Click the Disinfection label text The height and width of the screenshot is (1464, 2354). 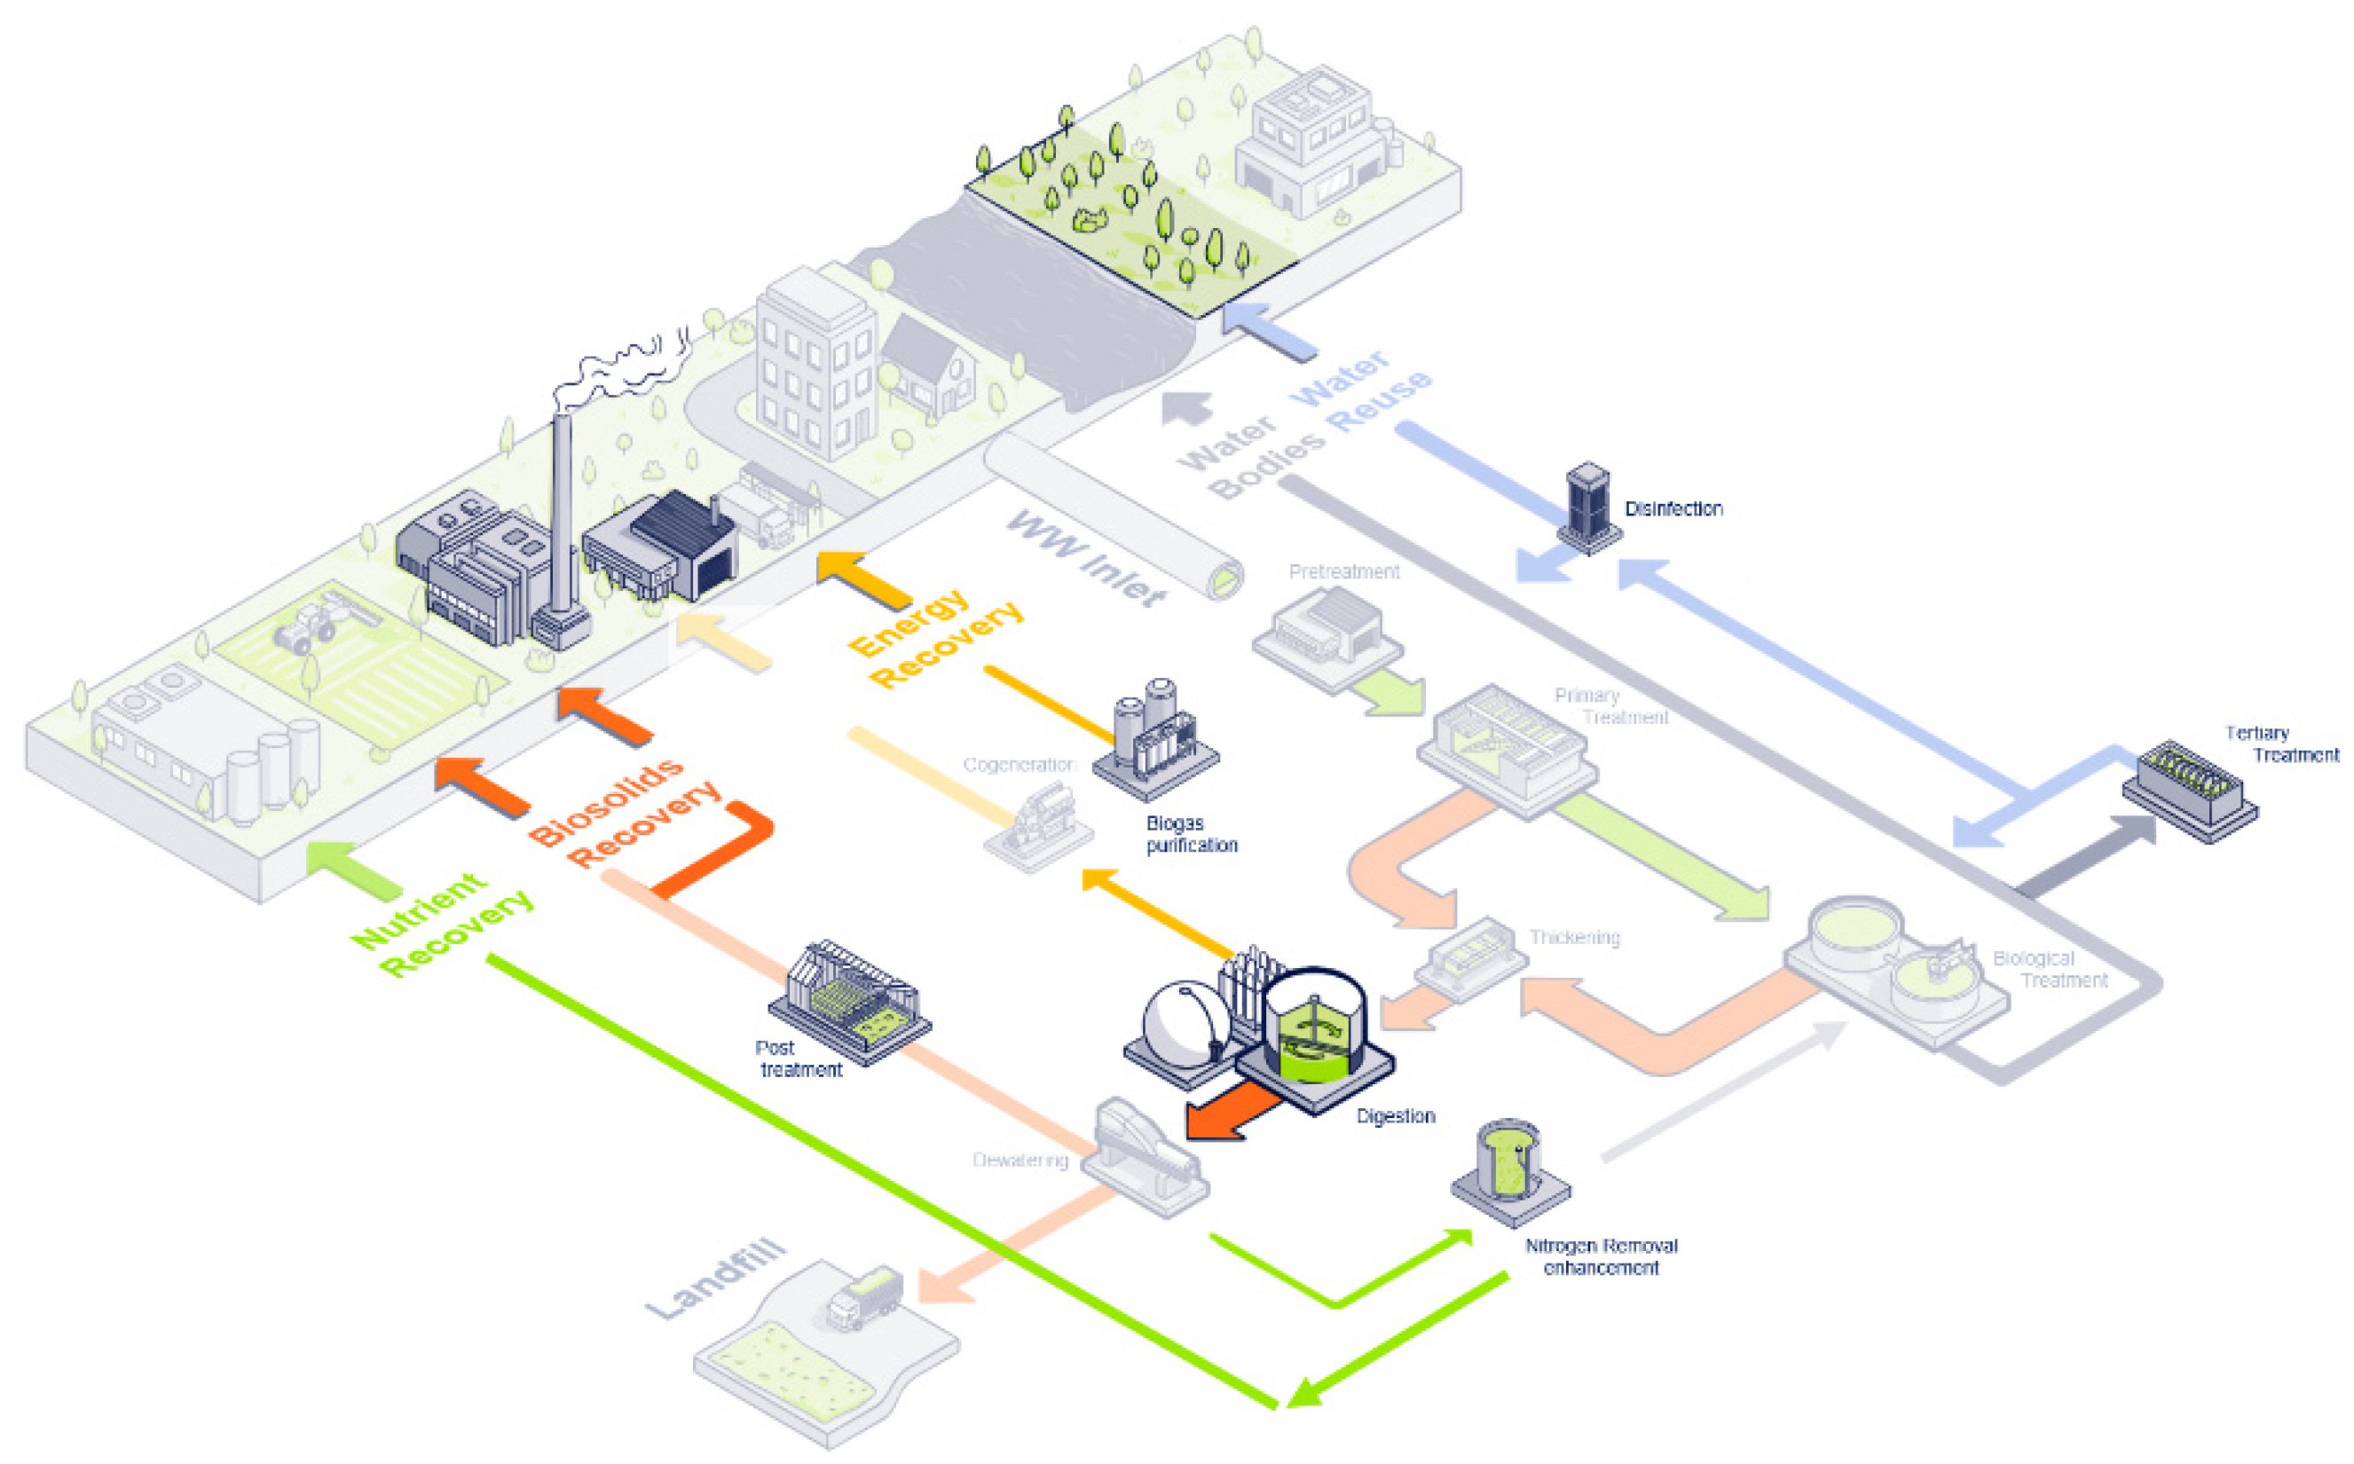pos(1673,508)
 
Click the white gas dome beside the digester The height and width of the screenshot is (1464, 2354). pos(1184,1027)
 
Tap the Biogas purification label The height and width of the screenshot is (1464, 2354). pos(1191,834)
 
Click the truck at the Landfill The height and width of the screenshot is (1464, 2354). pos(865,1297)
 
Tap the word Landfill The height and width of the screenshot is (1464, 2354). pos(717,1278)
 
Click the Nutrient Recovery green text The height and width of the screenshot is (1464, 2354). pos(442,925)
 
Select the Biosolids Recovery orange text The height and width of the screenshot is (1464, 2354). pos(626,814)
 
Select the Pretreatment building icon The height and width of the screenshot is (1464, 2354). pos(1328,634)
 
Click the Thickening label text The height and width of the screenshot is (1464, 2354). pos(1573,937)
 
